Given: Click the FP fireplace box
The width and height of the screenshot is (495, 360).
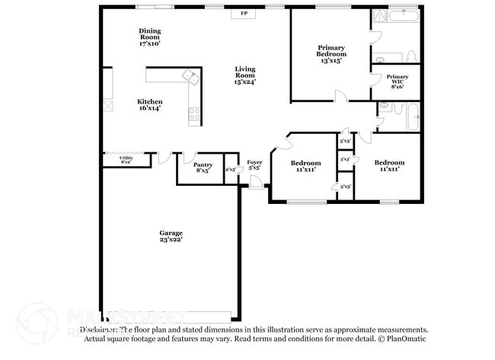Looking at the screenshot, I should pos(244,14).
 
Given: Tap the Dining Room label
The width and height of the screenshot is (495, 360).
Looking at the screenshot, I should pos(149,37).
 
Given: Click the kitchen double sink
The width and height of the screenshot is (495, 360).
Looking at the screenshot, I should pos(190,76).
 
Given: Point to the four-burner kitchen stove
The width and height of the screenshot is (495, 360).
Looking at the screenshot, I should pos(194,116).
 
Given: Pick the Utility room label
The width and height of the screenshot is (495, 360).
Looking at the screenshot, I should pos(126,160).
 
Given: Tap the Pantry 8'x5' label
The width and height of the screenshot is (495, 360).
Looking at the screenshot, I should pos(203,167).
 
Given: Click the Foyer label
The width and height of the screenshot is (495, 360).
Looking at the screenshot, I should pos(254,165).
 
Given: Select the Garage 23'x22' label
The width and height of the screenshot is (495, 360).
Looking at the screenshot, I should pos(171,236).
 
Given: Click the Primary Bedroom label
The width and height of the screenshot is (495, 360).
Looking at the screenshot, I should pos(331,54).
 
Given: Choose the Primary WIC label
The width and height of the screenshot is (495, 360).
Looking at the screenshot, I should pos(397,81).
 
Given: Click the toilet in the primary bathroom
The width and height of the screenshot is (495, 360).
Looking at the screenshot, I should pos(410,56).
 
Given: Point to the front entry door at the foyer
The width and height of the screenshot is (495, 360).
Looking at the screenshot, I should pos(258,181).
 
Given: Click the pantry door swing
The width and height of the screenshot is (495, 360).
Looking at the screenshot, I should pos(189,156).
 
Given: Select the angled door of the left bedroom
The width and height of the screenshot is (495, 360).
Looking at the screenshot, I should pos(281,142).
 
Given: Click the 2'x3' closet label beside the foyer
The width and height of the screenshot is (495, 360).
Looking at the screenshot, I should pos(231,170).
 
